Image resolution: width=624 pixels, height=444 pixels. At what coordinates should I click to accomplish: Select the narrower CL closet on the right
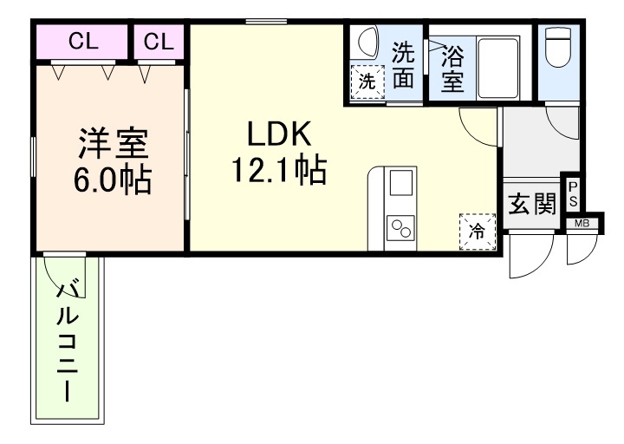coord(159,41)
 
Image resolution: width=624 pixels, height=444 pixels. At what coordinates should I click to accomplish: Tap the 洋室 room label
coord(114,141)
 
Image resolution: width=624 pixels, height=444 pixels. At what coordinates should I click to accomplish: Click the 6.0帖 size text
coord(113,180)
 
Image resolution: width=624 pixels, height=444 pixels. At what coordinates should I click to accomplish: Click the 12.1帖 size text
coord(277,170)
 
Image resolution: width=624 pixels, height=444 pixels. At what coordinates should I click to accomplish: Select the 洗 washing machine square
coord(367,82)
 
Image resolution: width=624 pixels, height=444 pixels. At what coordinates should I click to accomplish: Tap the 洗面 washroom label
coord(402,66)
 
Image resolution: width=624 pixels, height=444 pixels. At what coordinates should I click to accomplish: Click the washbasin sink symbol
coord(367,43)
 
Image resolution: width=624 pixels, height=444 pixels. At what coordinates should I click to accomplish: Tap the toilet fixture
coord(558,49)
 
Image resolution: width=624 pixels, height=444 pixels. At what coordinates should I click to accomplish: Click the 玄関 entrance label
coord(531,205)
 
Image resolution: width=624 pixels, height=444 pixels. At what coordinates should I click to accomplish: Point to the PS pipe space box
coord(572,193)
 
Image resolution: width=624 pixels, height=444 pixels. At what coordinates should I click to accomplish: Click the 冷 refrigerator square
coord(477,230)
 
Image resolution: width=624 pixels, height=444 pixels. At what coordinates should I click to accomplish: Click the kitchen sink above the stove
coord(401,184)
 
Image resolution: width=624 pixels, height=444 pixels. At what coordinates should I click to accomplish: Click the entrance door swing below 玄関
coord(530,254)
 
